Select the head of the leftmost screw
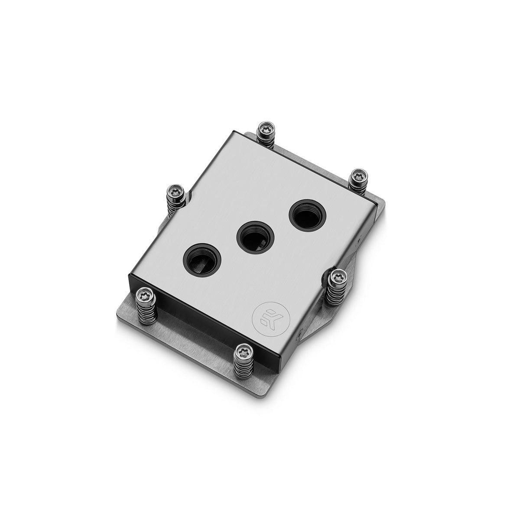pyautogui.click(x=143, y=296)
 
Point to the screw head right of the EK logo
pyautogui.click(x=335, y=276)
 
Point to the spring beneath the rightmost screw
pyautogui.click(x=359, y=187)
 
